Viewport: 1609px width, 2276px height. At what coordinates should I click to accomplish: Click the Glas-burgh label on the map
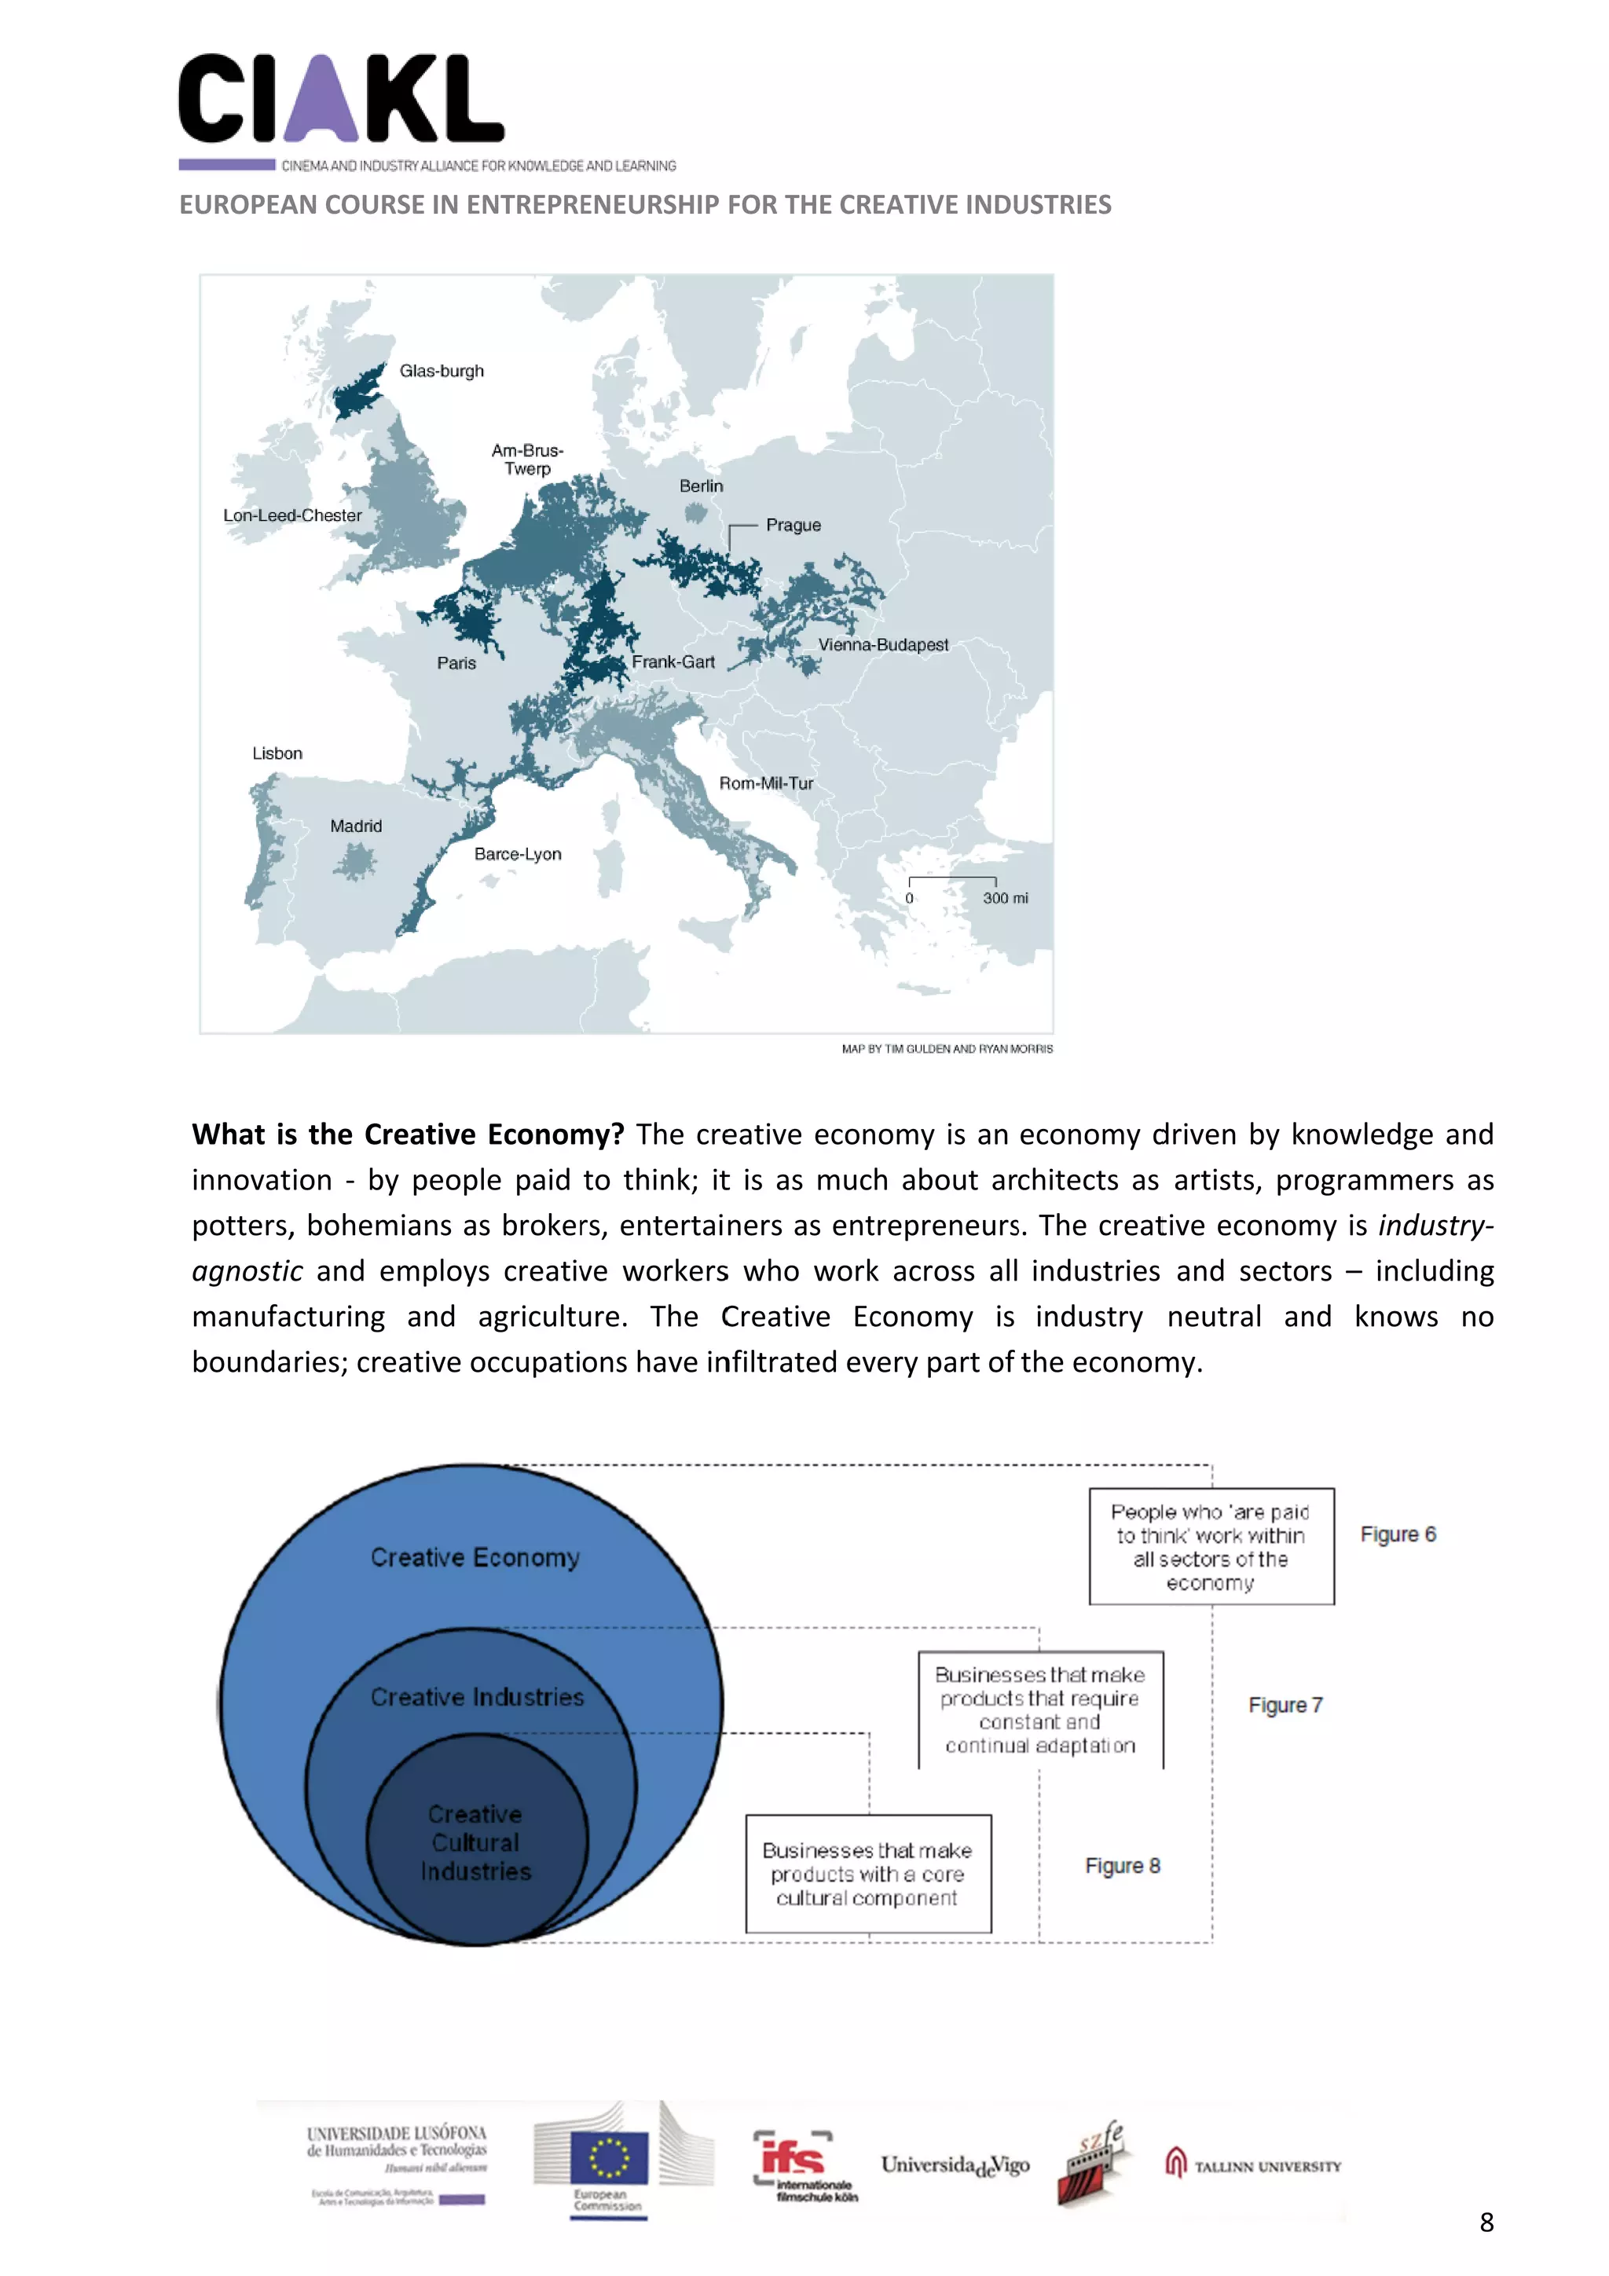tap(442, 371)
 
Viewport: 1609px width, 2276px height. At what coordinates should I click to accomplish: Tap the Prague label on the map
tap(793, 526)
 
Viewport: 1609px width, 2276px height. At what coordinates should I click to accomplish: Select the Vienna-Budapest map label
tap(882, 644)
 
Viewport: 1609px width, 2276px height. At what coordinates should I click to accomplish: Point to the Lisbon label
tap(277, 753)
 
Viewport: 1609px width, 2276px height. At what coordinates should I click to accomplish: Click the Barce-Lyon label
tap(518, 855)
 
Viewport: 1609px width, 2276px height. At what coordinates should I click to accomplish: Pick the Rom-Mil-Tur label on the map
tap(765, 783)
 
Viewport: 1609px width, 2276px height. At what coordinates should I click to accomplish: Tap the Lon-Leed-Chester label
tap(291, 515)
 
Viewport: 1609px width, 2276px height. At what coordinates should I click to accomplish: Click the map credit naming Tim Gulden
tap(947, 1049)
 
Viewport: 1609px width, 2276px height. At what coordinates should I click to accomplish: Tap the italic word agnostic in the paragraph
tap(247, 1271)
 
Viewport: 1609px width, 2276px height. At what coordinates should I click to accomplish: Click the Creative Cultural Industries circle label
tap(476, 1843)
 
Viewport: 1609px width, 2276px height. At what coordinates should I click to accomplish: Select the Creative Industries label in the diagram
tap(477, 1697)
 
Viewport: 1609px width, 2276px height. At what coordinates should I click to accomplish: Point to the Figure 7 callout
tap(1285, 1705)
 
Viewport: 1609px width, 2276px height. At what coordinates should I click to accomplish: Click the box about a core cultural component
tap(867, 1874)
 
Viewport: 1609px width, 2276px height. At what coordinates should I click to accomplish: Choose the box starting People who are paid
tap(1211, 1546)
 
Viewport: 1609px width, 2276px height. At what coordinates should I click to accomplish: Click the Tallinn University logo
tap(1253, 2166)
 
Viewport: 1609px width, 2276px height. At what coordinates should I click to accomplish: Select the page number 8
tap(1486, 2223)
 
